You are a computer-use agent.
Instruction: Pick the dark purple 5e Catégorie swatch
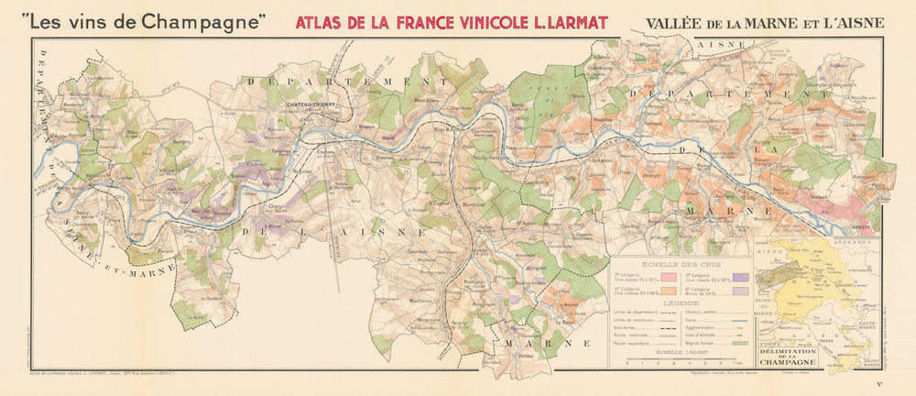(x=737, y=273)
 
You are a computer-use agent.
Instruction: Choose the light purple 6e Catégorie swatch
(x=737, y=290)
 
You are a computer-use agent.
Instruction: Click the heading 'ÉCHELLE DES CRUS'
(x=679, y=261)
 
